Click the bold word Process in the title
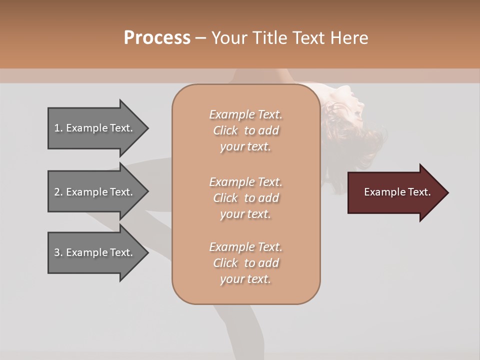[x=157, y=38]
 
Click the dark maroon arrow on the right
[x=395, y=192]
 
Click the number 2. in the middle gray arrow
[x=58, y=192]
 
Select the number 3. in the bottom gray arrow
[x=58, y=252]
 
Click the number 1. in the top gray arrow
[x=58, y=128]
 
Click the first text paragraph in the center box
[x=245, y=130]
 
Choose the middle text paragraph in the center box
[x=245, y=197]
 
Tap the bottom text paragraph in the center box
[x=245, y=263]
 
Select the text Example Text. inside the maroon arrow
[x=397, y=192]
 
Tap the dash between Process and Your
[x=200, y=38]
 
